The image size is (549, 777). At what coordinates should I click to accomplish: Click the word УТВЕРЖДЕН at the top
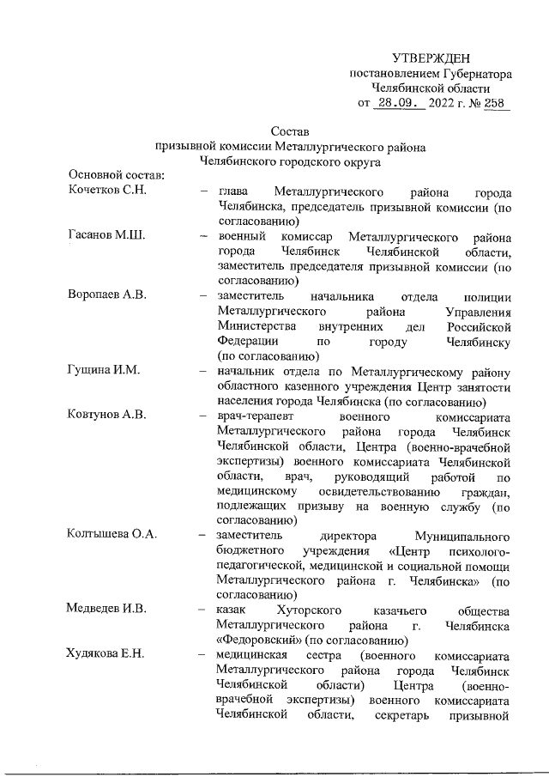click(x=431, y=58)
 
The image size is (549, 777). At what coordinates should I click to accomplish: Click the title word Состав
click(x=288, y=131)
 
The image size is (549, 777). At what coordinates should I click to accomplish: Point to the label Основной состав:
click(x=116, y=175)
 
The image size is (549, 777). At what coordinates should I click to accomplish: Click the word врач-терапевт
click(x=256, y=416)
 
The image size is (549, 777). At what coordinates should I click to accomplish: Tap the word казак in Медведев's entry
click(x=235, y=610)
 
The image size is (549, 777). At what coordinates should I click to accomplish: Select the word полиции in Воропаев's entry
click(x=491, y=296)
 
